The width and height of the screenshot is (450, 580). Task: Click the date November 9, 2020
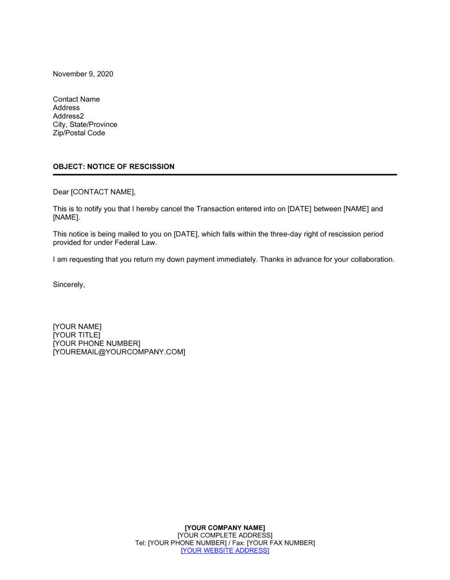pyautogui.click(x=83, y=74)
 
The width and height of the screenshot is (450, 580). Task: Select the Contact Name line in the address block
pyautogui.click(x=76, y=99)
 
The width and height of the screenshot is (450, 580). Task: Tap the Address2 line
pyautogui.click(x=68, y=116)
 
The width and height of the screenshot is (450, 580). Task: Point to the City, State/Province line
pyautogui.click(x=85, y=125)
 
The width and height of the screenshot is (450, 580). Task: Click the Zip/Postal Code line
pyautogui.click(x=79, y=133)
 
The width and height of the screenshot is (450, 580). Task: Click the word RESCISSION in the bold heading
pyautogui.click(x=152, y=166)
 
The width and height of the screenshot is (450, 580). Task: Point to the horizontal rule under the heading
pyautogui.click(x=225, y=174)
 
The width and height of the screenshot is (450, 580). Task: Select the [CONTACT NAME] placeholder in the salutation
pyautogui.click(x=103, y=192)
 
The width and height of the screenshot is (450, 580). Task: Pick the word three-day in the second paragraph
pyautogui.click(x=285, y=234)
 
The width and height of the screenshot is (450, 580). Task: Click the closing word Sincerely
pyautogui.click(x=68, y=285)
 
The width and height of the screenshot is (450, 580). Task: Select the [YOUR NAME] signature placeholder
pyautogui.click(x=77, y=326)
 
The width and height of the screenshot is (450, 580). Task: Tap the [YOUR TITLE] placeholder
pyautogui.click(x=76, y=335)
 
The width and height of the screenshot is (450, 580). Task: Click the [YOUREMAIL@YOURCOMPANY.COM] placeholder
pyautogui.click(x=119, y=352)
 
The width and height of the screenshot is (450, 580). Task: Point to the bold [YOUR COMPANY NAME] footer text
pyautogui.click(x=225, y=528)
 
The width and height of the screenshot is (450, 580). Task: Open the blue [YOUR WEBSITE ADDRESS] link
pyautogui.click(x=225, y=550)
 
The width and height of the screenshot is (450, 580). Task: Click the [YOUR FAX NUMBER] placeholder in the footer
pyautogui.click(x=281, y=543)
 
